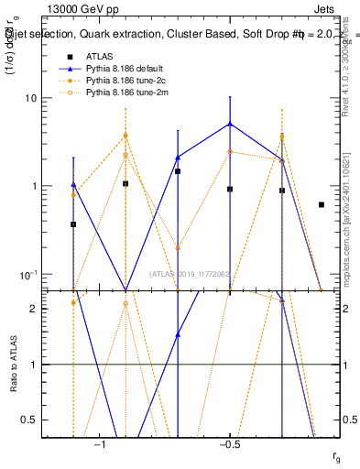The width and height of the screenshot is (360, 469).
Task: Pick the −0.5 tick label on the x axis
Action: point(229,443)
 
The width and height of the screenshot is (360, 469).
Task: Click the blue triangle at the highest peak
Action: point(230,124)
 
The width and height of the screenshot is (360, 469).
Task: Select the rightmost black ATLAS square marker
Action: point(321,205)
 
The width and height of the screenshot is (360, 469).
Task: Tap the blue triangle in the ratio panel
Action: point(178,334)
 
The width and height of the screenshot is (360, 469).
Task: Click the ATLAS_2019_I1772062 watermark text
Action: point(189,274)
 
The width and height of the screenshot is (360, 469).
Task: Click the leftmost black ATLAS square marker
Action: point(73,224)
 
